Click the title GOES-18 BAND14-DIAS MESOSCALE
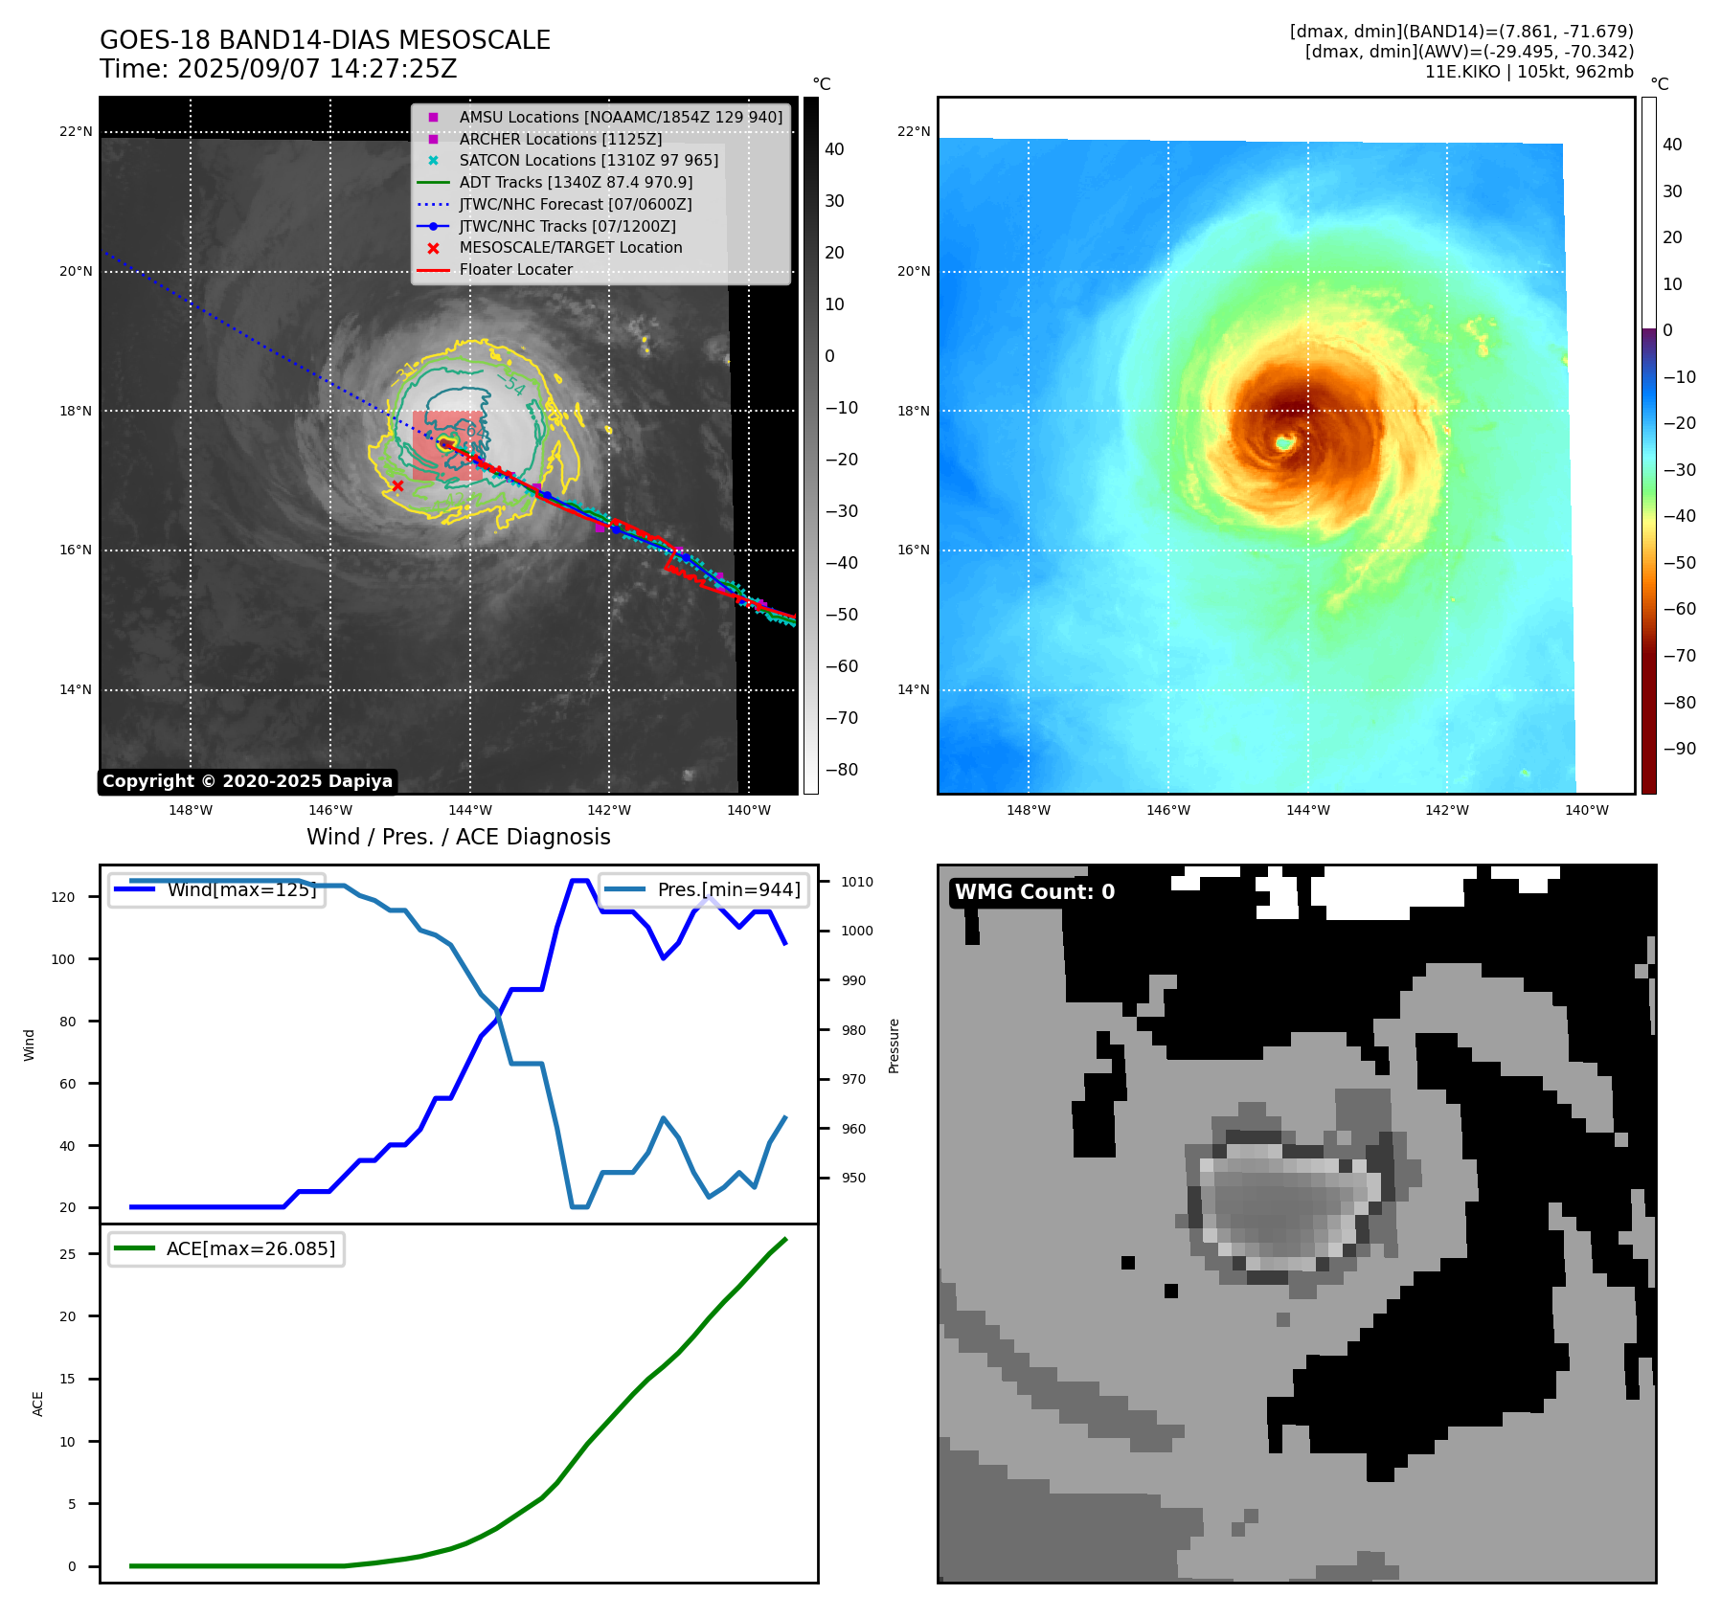325,40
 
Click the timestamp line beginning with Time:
278,69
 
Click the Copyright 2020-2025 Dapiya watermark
247,781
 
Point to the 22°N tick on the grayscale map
76,132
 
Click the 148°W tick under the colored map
1029,810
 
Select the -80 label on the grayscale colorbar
842,770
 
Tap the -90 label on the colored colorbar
1679,749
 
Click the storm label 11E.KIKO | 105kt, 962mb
1529,72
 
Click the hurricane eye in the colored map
1284,442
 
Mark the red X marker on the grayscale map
397,486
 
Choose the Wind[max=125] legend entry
240,889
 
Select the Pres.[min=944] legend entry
728,889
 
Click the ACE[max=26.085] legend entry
250,1248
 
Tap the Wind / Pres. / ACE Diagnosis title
458,837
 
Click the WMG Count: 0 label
1034,892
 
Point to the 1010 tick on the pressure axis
857,882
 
